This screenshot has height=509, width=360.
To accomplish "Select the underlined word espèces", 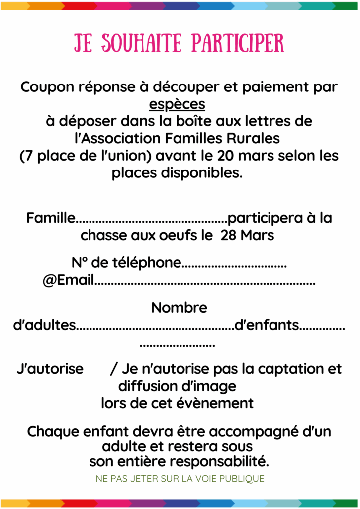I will [x=177, y=104].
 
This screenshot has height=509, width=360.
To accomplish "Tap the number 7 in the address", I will [x=26, y=155].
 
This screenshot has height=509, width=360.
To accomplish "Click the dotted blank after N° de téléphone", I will [x=234, y=264].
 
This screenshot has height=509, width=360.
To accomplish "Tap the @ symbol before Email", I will [x=49, y=281].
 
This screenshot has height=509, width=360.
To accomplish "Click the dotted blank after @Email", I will [x=205, y=282].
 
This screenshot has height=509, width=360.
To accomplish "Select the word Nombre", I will [x=179, y=308].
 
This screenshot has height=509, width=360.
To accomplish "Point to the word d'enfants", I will [x=267, y=326].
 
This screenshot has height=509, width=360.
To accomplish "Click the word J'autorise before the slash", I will [x=50, y=369].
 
